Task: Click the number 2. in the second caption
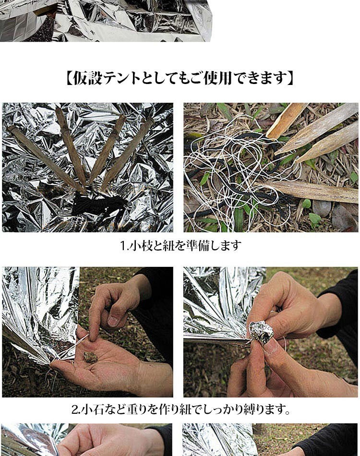tap(75, 410)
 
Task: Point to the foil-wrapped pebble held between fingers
tap(262, 331)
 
